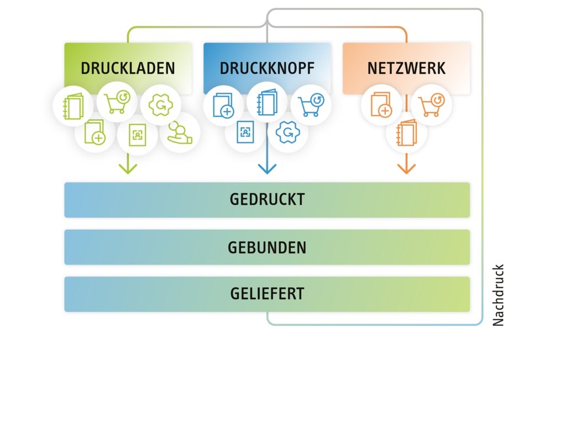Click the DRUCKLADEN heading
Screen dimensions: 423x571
pyautogui.click(x=128, y=68)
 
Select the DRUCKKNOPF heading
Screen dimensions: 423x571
pyautogui.click(x=267, y=68)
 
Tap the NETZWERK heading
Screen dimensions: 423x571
pyautogui.click(x=406, y=68)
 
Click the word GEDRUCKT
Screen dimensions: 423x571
pyautogui.click(x=267, y=199)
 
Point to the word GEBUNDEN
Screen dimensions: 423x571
pyautogui.click(x=267, y=248)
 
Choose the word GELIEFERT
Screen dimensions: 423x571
pyautogui.click(x=267, y=294)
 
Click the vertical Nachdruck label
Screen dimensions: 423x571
pyautogui.click(x=499, y=295)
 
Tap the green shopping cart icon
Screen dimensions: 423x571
pyautogui.click(x=117, y=102)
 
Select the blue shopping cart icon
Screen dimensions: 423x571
pyautogui.click(x=311, y=105)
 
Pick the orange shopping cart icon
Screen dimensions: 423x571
pyautogui.click(x=431, y=105)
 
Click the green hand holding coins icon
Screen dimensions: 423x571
pyautogui.click(x=180, y=133)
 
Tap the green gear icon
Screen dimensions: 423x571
pyautogui.click(x=160, y=105)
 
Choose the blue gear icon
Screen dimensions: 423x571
pyautogui.click(x=287, y=133)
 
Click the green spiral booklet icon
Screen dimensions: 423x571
pyautogui.click(x=73, y=105)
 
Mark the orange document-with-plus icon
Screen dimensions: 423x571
pyautogui.click(x=381, y=105)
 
